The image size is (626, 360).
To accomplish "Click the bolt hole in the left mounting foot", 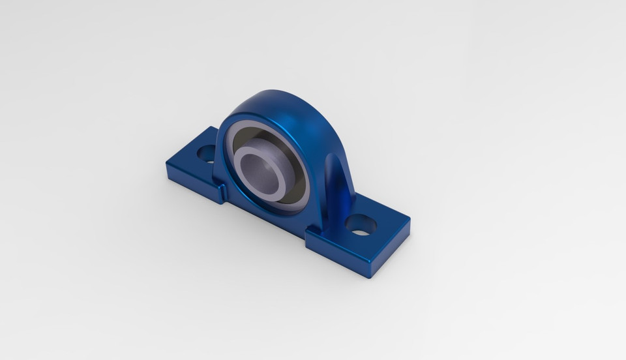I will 207,154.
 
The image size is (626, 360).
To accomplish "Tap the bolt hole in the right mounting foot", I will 361,225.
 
